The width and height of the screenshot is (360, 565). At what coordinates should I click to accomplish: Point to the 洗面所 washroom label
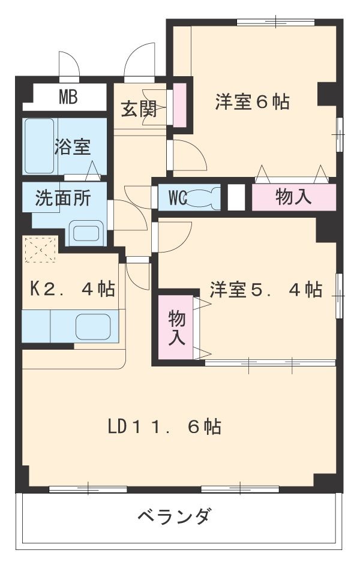coord(62,199)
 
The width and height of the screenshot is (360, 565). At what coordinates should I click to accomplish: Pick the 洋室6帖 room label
coord(252,102)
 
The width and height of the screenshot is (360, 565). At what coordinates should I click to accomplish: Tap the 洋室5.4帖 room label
coord(265,290)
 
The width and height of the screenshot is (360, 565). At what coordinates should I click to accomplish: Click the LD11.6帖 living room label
coord(164,426)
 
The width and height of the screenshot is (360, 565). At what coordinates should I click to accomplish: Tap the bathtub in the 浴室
coord(40,146)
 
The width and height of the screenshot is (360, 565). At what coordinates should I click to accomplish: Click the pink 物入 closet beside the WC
coord(293,198)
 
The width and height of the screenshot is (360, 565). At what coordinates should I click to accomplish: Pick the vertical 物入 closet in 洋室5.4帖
coord(175,327)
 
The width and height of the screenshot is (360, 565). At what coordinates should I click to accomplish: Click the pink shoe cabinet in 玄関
coord(179,106)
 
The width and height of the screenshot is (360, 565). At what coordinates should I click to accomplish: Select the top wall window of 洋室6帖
coord(275,23)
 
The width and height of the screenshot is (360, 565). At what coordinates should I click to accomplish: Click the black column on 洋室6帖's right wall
coord(327,91)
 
